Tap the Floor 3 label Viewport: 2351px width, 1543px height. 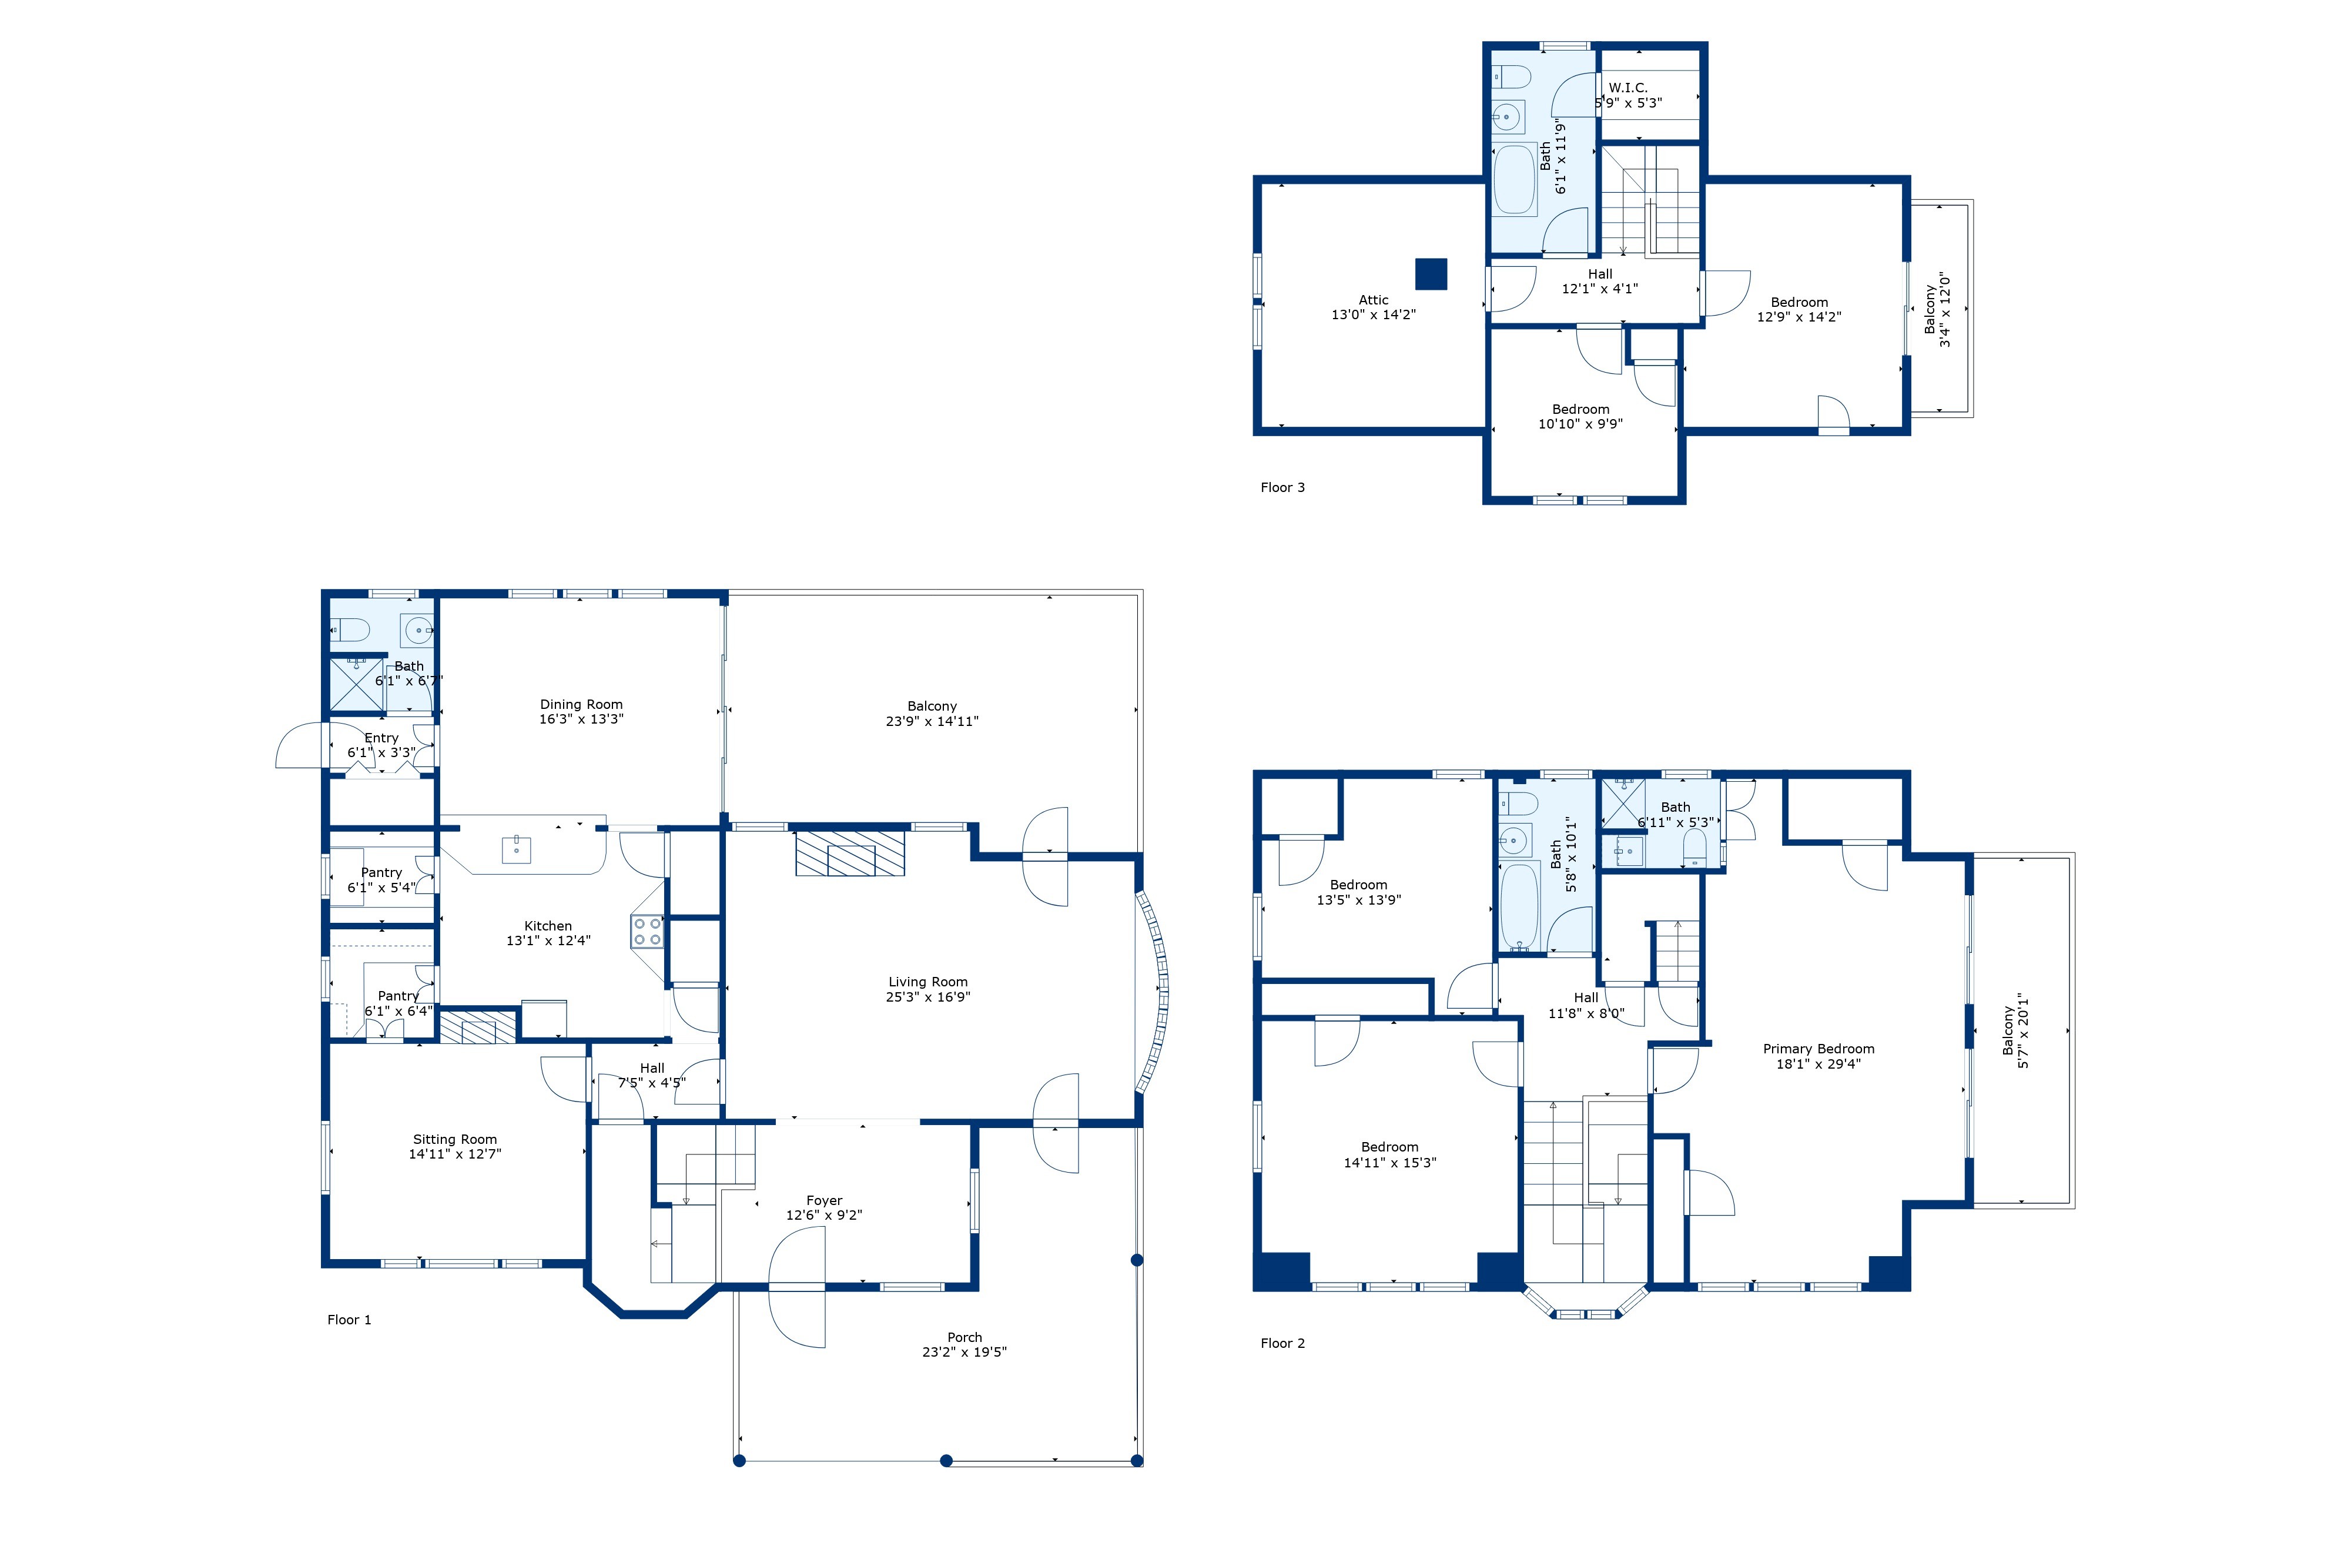1282,487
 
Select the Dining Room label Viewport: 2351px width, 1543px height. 581,704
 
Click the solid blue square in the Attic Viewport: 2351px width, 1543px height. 1431,274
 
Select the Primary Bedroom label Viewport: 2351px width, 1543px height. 1818,1049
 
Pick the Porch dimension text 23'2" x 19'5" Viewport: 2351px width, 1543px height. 964,1353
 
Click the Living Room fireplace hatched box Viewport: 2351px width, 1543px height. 849,852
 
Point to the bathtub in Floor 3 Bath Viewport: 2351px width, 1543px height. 1513,180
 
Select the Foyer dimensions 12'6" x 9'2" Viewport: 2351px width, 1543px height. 824,1215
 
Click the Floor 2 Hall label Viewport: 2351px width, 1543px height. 1586,998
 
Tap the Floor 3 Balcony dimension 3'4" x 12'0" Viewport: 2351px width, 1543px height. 1945,309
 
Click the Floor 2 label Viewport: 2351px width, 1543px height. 1282,1344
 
